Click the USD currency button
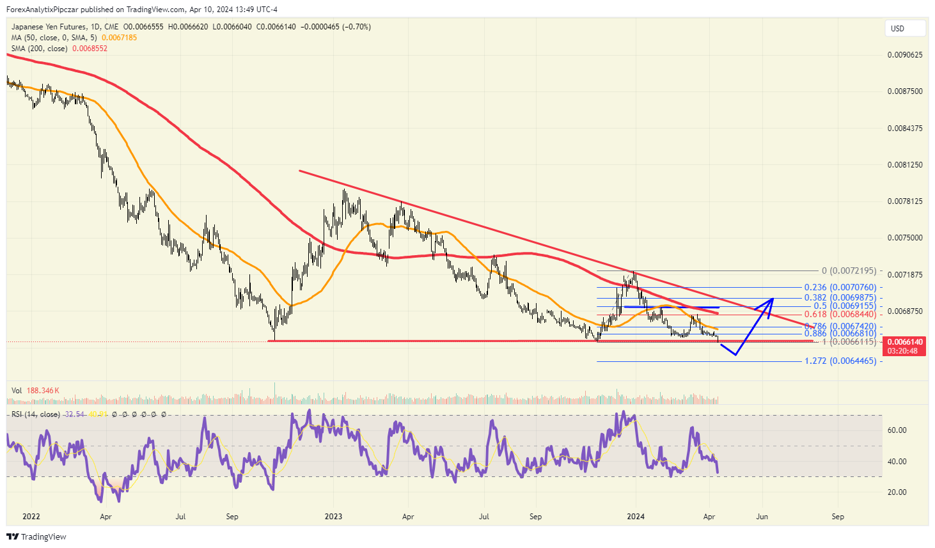pos(905,28)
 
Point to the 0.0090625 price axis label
pos(905,55)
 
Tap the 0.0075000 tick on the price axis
pos(905,238)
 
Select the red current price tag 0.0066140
pos(905,342)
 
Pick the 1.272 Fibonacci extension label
pos(840,361)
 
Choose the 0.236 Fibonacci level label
pos(840,288)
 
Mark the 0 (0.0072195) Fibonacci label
pos(849,271)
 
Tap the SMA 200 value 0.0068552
pos(90,49)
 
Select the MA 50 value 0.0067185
pos(119,38)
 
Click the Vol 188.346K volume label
pos(35,391)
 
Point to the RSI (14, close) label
pos(36,414)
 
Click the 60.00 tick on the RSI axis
pos(897,430)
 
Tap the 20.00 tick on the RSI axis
pos(897,492)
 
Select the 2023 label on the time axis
pos(333,517)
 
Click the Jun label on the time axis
pos(762,517)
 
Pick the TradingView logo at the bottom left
pos(36,536)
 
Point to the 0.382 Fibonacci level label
pos(840,298)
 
